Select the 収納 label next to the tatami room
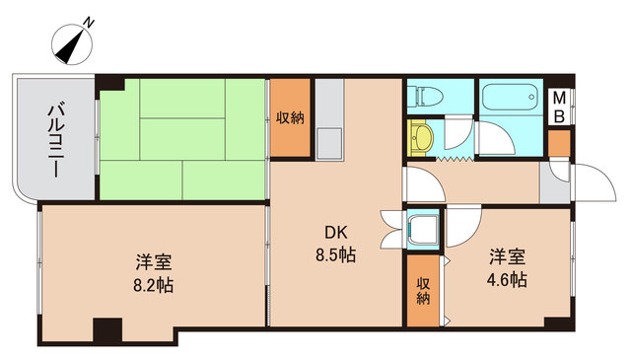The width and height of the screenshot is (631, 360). point(290,117)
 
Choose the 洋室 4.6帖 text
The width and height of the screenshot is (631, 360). point(508,268)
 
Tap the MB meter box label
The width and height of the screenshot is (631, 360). point(559,107)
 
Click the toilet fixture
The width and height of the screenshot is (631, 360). point(426,97)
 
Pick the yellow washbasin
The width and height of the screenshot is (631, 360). point(423,137)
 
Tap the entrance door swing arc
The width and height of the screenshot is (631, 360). point(590,182)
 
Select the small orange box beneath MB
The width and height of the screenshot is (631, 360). point(559,143)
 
